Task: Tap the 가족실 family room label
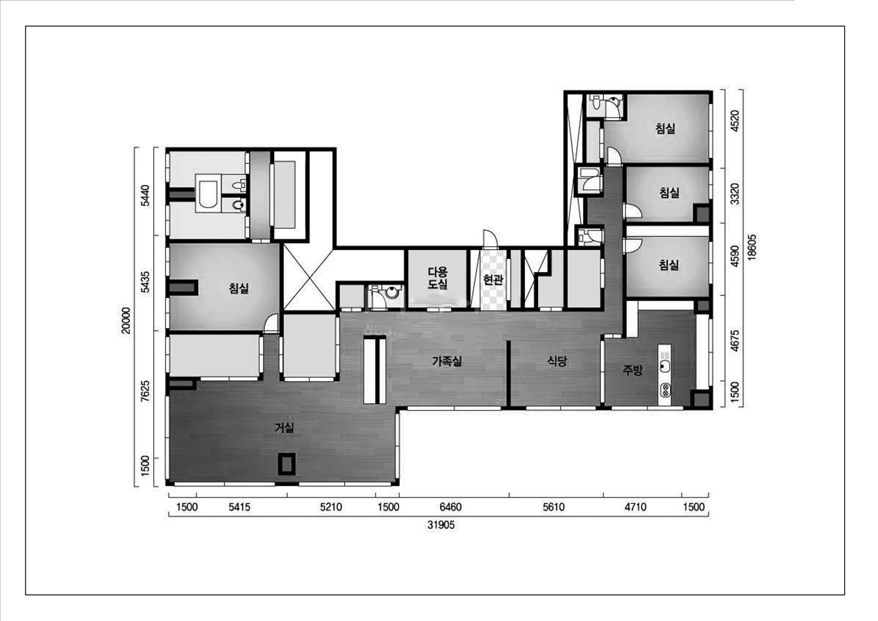click(447, 361)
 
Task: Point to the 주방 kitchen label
click(632, 370)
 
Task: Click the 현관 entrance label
click(493, 280)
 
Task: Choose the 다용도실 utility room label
click(437, 278)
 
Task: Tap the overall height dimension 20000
click(126, 320)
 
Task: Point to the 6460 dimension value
click(450, 507)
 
